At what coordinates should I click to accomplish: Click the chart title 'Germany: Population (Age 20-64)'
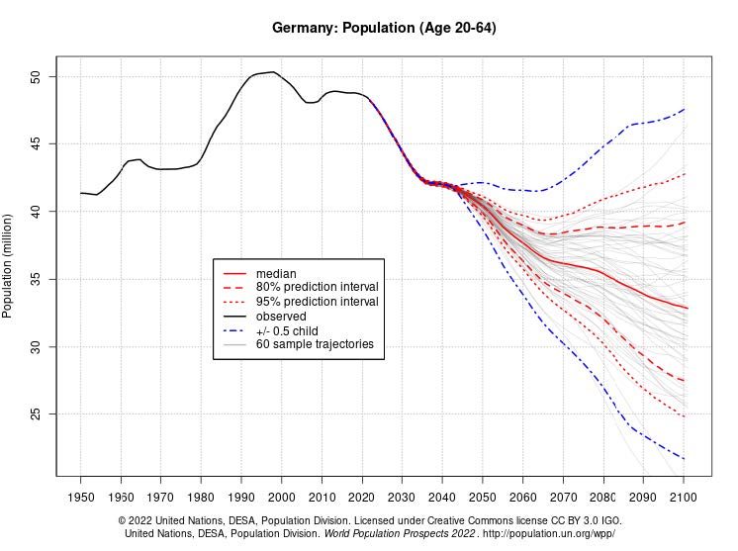pos(384,28)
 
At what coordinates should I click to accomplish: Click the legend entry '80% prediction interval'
pos(317,287)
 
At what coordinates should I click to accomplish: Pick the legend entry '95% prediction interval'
pos(317,302)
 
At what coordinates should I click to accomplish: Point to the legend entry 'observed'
pos(281,316)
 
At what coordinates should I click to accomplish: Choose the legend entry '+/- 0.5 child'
pos(287,330)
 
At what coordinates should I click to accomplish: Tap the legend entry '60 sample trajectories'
pos(315,344)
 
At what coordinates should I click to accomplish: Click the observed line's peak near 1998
pos(273,71)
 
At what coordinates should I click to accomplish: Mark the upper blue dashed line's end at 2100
pos(684,109)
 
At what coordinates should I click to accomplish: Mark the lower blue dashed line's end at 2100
pos(684,459)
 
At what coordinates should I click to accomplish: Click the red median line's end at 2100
pos(684,308)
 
